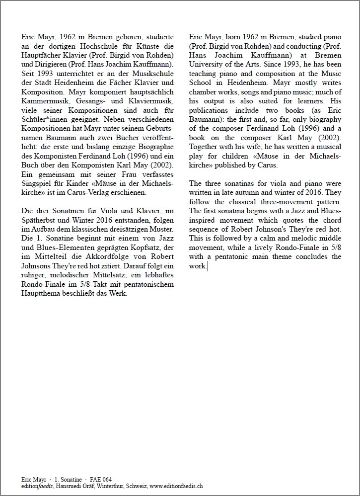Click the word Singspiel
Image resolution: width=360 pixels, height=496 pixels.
[x=37, y=185]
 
